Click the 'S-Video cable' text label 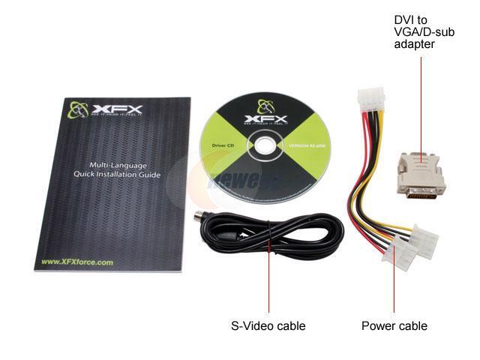pyautogui.click(x=268, y=325)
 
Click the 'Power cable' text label pyautogui.click(x=394, y=325)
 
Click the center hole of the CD pyautogui.click(x=265, y=143)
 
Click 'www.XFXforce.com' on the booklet pyautogui.click(x=77, y=262)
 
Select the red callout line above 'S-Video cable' pyautogui.click(x=268, y=285)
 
